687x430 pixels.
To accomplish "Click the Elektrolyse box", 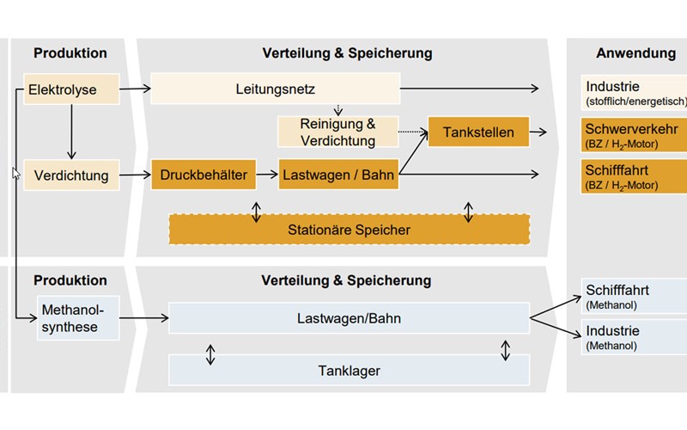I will pos(70,89).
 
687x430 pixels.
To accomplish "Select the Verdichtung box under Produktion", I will pos(70,175).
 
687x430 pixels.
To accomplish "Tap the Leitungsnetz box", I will pos(275,89).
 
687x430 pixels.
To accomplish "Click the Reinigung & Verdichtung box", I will pos(337,132).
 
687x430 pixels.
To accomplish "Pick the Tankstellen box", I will pos(478,132).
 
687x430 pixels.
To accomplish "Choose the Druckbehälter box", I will pos(204,175).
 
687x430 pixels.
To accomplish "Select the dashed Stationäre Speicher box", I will pos(348,230).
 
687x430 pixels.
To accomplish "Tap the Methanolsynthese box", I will pos(76,318).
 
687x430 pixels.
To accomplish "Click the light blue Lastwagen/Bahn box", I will pos(348,318).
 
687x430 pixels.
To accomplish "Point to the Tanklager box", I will pos(348,371).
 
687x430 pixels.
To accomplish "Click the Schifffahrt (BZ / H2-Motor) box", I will pos(633,175).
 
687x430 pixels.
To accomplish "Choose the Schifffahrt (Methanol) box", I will pos(633,296).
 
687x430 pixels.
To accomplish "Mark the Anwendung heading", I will pos(635,53).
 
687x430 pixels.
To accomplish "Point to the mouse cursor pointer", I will pos(15,173).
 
